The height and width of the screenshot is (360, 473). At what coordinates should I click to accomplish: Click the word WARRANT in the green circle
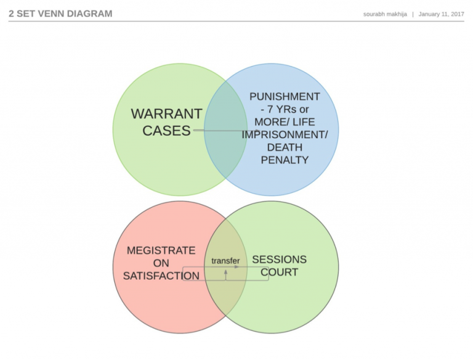tap(166, 114)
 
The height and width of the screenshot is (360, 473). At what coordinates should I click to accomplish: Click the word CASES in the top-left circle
tap(166, 131)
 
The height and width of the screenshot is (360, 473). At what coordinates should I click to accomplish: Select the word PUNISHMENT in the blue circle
tap(285, 97)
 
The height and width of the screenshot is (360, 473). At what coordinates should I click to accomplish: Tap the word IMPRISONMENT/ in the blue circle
tap(285, 135)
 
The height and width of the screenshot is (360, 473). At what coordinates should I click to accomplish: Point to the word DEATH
tap(285, 147)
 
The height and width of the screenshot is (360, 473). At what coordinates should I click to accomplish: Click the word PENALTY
tap(285, 160)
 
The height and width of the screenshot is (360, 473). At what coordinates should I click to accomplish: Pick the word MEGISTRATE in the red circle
tap(161, 250)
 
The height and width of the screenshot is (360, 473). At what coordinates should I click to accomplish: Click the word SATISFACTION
tap(161, 276)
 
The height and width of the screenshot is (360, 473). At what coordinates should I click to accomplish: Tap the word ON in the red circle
tap(161, 263)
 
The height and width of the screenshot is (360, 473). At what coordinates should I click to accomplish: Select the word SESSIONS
tap(279, 260)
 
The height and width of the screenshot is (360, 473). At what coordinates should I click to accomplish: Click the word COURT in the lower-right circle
tap(279, 272)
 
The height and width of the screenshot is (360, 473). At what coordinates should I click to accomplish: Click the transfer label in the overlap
tap(225, 261)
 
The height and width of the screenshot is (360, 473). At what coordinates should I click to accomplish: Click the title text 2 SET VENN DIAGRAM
tap(60, 13)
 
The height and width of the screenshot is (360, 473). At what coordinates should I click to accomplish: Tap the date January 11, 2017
tap(441, 14)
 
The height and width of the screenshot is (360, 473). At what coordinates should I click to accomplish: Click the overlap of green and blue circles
tap(225, 148)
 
